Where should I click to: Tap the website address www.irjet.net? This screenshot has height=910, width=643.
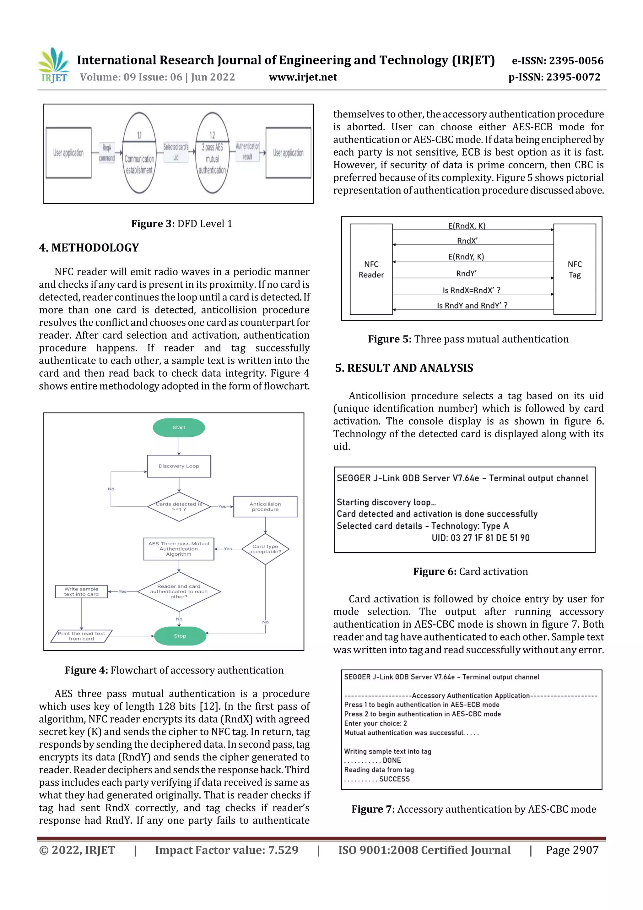pos(303,77)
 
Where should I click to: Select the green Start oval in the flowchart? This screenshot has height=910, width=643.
pos(179,428)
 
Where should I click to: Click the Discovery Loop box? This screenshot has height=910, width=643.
pos(179,466)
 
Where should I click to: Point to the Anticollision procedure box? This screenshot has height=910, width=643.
pos(265,507)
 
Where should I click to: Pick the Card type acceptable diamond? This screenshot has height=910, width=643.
pos(265,549)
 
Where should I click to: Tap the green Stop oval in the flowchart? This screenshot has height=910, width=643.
pos(180,636)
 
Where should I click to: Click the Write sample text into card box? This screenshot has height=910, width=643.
pos(81,592)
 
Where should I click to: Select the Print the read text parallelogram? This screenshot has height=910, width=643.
pos(81,636)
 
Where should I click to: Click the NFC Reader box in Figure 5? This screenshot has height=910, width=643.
pos(371,270)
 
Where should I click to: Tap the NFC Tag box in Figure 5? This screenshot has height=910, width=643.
pos(575,270)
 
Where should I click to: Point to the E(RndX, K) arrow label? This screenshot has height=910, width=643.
pos(467,226)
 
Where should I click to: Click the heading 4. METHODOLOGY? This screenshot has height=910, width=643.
pos(89,248)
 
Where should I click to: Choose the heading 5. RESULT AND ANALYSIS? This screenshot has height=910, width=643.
pos(404,368)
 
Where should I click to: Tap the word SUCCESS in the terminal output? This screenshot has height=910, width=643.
pos(394,779)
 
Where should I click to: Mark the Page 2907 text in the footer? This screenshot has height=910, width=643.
pos(572,850)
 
